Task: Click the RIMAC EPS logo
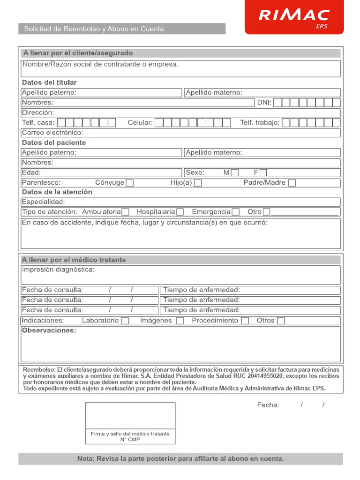coord(294,17)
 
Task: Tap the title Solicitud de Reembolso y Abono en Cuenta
coord(94,29)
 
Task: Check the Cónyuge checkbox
coord(130,183)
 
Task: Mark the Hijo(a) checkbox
coord(198,183)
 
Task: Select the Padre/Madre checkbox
coord(292,183)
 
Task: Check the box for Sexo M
coord(235,172)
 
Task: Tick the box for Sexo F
coord(263,172)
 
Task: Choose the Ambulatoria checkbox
coord(125,212)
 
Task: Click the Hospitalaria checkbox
coord(180,212)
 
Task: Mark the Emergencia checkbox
coord(236,212)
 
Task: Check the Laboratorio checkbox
coord(125,321)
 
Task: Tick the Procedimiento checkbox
coord(245,321)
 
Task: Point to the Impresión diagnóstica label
coord(58,270)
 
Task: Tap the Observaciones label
coord(49,331)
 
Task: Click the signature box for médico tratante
coord(130,416)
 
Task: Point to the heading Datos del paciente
coord(54,143)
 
